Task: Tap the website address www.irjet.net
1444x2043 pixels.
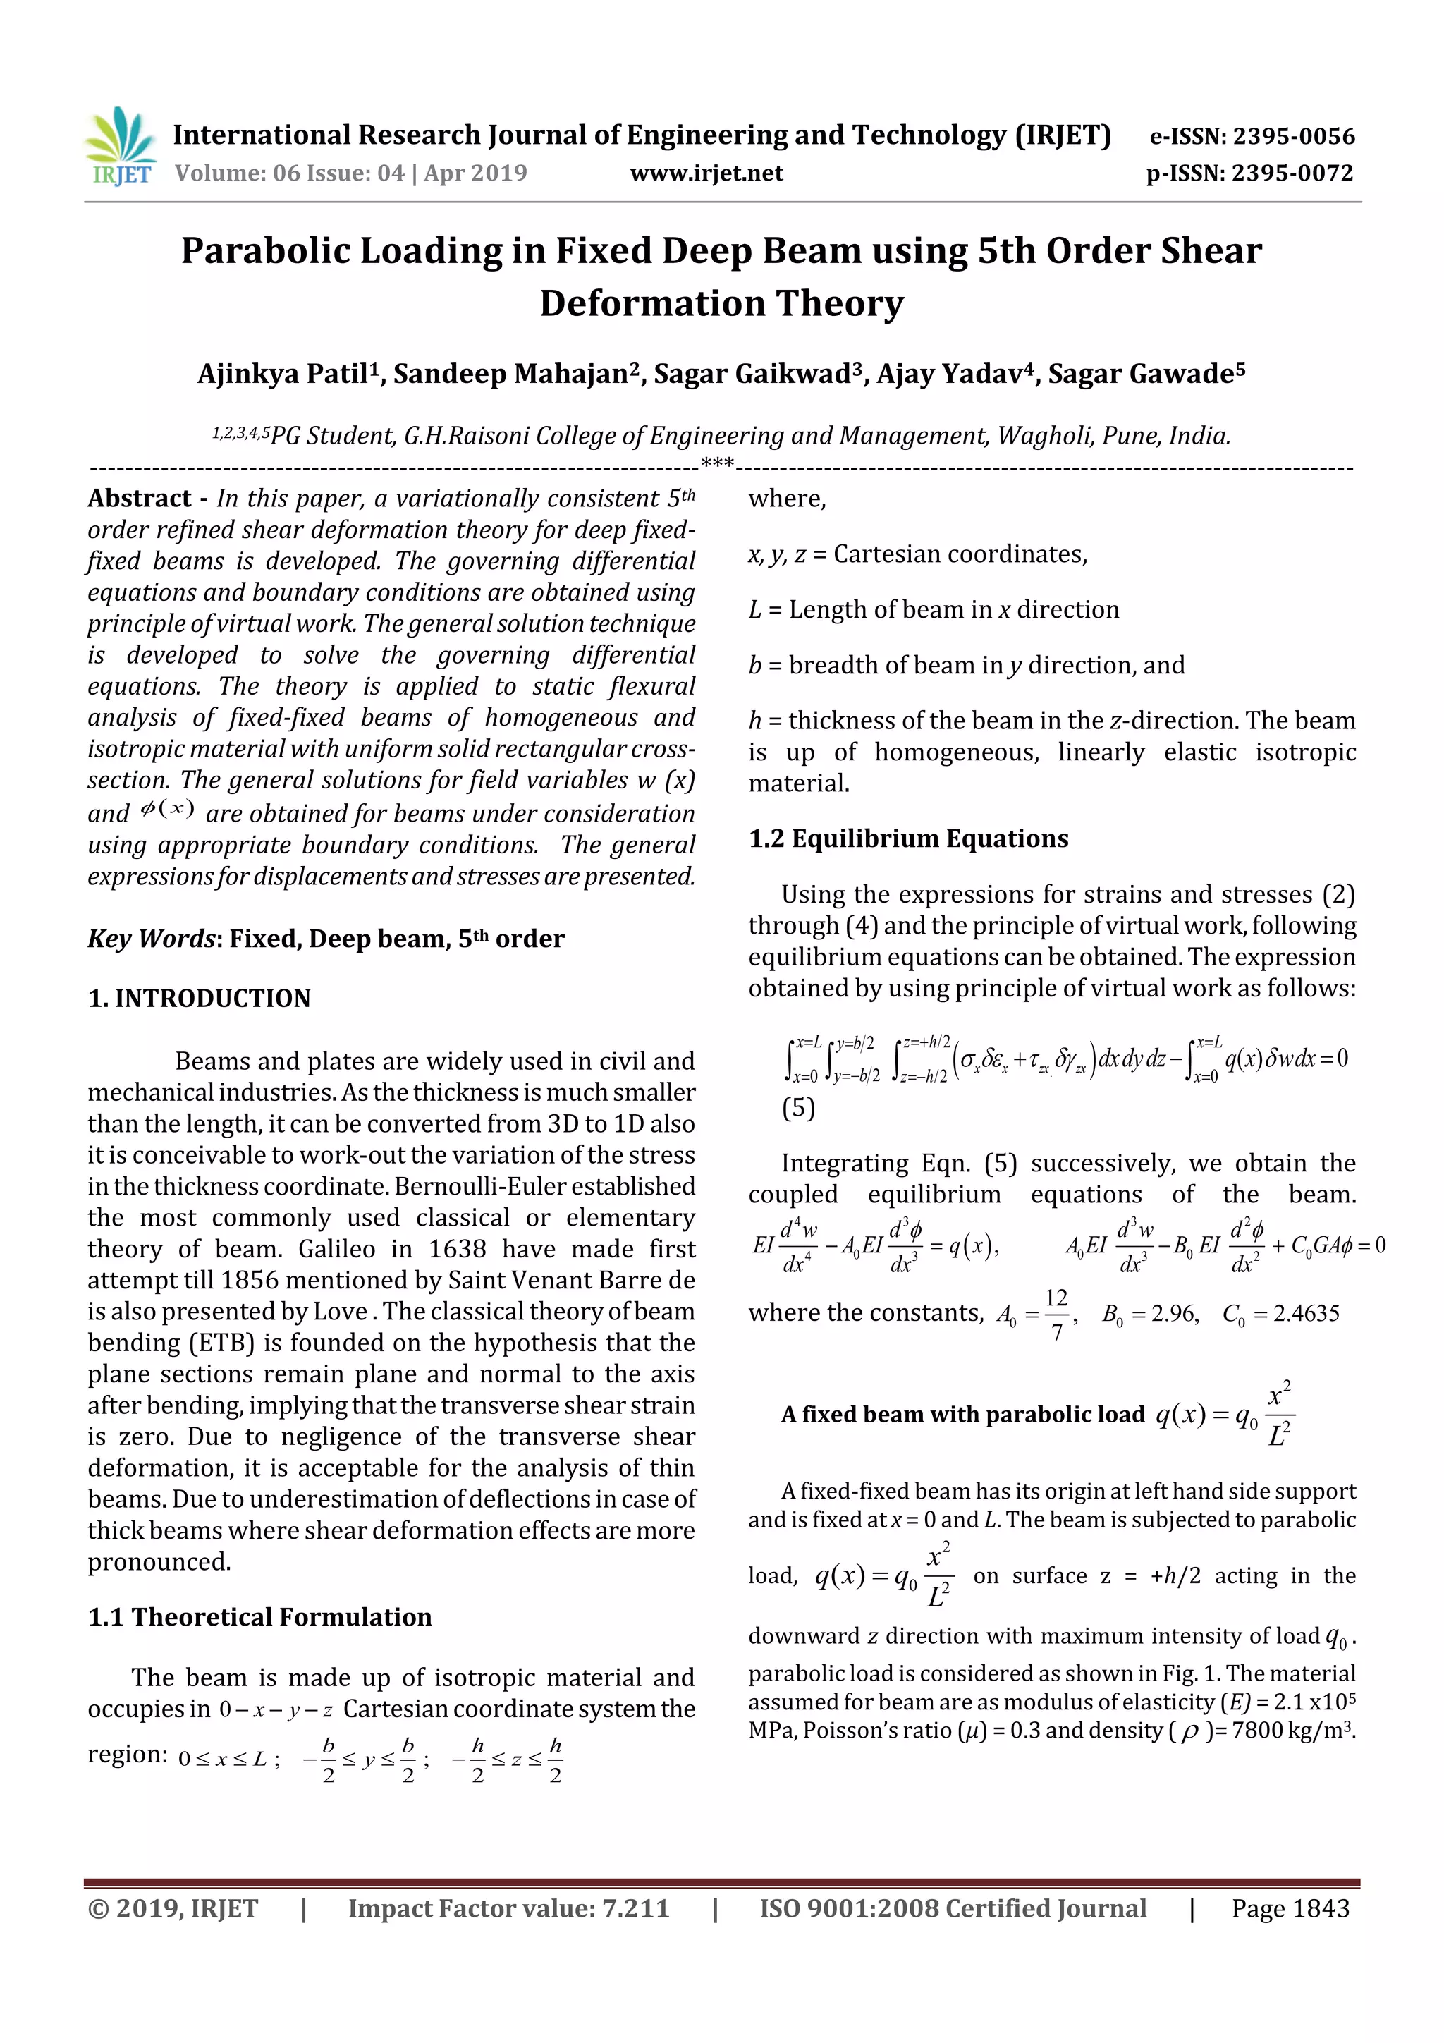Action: tap(706, 173)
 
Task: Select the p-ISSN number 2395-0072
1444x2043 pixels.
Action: tap(1292, 173)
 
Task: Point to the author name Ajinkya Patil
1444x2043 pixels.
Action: tap(283, 374)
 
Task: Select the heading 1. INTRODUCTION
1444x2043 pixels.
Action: tap(200, 999)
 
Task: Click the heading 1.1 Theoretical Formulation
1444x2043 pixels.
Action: tap(259, 1617)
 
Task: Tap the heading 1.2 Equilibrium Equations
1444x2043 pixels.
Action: tap(908, 838)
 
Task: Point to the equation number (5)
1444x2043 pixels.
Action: tap(798, 1108)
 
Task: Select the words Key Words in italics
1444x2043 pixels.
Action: tap(152, 939)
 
